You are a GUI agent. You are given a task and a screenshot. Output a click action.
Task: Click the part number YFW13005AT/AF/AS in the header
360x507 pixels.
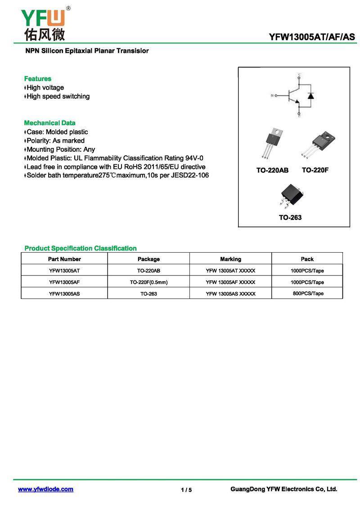click(x=312, y=37)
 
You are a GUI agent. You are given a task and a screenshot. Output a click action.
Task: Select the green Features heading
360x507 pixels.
click(x=38, y=79)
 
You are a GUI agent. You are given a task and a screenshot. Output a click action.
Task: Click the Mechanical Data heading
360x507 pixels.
click(x=49, y=123)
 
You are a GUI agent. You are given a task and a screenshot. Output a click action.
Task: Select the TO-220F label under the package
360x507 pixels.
click(x=315, y=170)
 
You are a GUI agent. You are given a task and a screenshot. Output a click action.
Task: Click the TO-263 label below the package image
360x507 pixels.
click(x=290, y=217)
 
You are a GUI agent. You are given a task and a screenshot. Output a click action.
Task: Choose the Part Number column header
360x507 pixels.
click(x=64, y=259)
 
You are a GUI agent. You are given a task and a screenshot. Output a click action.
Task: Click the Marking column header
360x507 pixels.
click(x=230, y=259)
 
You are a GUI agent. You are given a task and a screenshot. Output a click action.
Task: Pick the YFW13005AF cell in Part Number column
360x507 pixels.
click(x=64, y=282)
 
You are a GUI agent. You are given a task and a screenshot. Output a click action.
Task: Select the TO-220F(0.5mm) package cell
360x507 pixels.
click(x=148, y=282)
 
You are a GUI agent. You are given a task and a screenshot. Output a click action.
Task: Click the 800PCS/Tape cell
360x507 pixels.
click(x=307, y=294)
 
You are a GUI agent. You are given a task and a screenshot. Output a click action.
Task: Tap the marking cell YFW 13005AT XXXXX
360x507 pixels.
click(x=230, y=271)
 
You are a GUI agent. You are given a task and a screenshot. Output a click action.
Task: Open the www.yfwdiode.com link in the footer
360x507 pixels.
click(x=45, y=489)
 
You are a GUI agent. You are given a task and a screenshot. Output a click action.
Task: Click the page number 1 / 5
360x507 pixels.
click(x=186, y=490)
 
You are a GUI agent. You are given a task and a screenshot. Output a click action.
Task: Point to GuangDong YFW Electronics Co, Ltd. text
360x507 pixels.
click(x=283, y=489)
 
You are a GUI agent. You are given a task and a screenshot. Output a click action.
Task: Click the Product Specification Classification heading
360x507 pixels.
click(x=81, y=248)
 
